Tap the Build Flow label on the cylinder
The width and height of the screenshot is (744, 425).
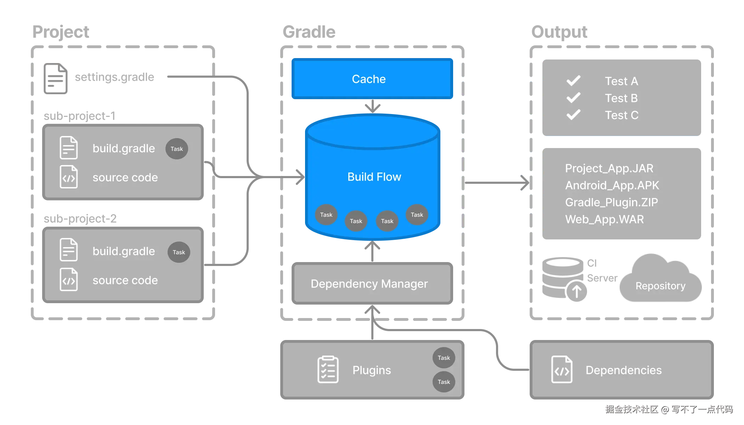tap(374, 177)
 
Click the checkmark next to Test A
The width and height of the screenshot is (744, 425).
tap(573, 81)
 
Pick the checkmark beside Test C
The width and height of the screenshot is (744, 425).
tap(573, 115)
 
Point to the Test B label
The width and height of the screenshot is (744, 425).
tap(621, 98)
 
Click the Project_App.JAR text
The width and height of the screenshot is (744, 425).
tap(609, 168)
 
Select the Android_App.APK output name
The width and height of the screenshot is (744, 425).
tap(612, 185)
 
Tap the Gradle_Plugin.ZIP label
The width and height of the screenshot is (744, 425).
tap(611, 202)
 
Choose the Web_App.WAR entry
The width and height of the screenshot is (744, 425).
tap(604, 219)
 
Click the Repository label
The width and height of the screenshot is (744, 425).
tap(660, 286)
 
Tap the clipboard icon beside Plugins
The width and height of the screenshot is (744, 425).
tap(328, 370)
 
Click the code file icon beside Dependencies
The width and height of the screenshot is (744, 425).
tap(562, 370)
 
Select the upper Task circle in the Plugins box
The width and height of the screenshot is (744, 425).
tap(444, 358)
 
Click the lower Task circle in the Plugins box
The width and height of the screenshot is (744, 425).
tap(444, 382)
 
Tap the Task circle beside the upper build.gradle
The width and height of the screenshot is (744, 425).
tap(176, 149)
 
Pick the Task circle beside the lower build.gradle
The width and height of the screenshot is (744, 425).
tap(179, 252)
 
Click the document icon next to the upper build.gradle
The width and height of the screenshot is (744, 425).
tap(69, 148)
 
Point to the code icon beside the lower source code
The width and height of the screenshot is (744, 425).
tap(69, 280)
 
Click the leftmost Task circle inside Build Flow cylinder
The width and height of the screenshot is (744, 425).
tap(326, 215)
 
